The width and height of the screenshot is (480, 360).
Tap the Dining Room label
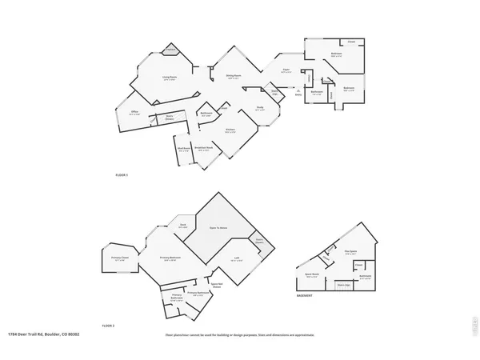[x=234, y=77]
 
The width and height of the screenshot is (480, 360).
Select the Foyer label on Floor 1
[x=284, y=70]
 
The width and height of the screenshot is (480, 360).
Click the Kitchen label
[x=230, y=129]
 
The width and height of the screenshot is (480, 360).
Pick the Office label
[x=135, y=113]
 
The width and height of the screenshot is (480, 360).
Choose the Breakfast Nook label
[x=205, y=149]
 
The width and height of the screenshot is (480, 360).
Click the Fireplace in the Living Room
[x=170, y=50]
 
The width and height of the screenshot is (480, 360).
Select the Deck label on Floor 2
[x=182, y=226]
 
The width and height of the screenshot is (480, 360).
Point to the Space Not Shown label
[x=217, y=283]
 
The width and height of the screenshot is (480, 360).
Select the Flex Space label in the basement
[x=350, y=252]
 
